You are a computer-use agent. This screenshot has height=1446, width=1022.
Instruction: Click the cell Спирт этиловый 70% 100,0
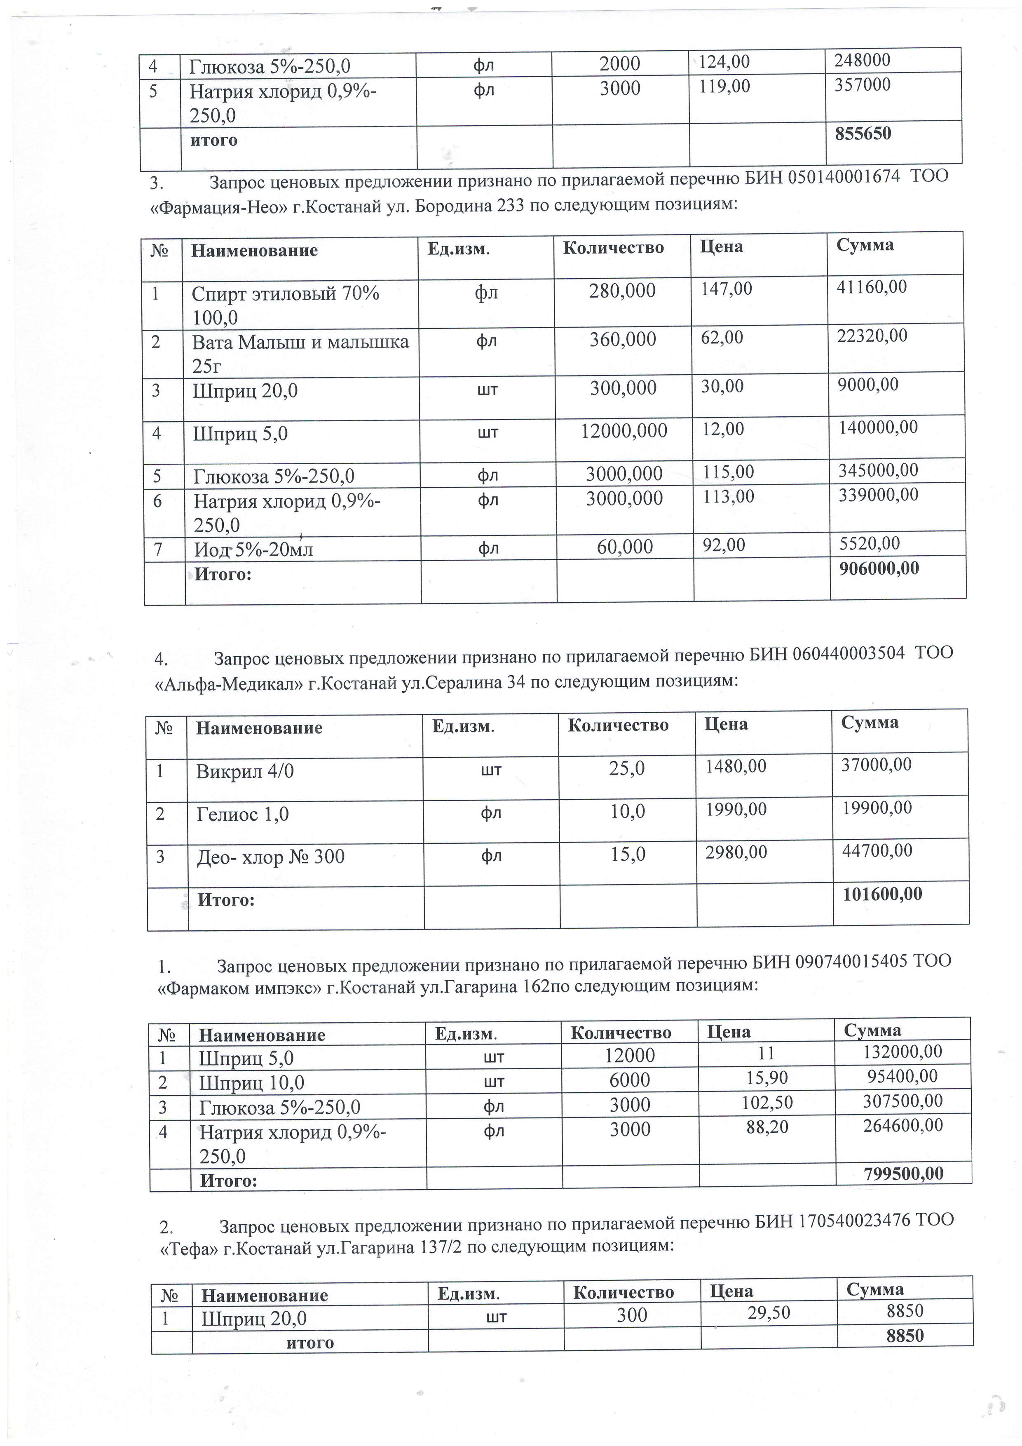pyautogui.click(x=285, y=305)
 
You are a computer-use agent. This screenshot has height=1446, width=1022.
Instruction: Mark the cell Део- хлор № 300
pyautogui.click(x=270, y=857)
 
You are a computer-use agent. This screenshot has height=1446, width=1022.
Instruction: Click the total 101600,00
pyautogui.click(x=881, y=893)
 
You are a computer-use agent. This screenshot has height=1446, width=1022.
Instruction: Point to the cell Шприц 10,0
pyautogui.click(x=252, y=1082)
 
